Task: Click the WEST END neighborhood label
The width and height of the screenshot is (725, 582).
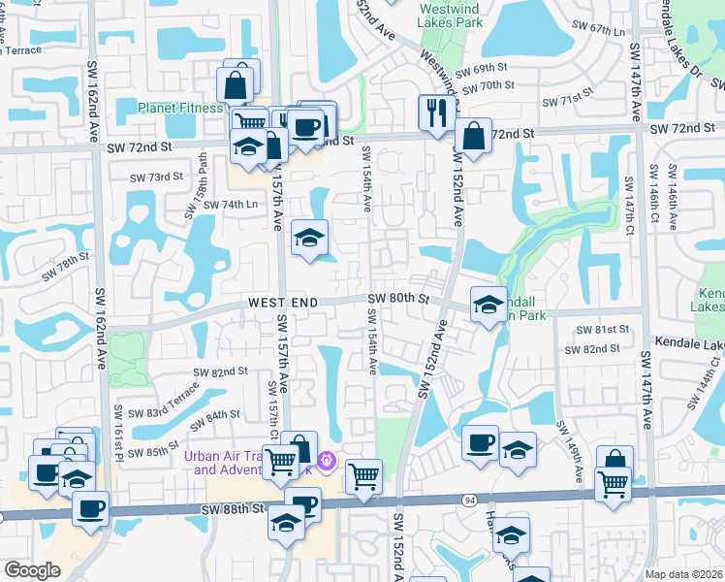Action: pyautogui.click(x=282, y=304)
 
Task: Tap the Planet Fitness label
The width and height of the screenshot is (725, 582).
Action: pyautogui.click(x=180, y=108)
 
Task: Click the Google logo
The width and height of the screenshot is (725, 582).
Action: pyautogui.click(x=32, y=570)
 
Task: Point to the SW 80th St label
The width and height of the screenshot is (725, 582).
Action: pyautogui.click(x=398, y=299)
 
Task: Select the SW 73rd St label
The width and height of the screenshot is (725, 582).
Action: pyautogui.click(x=157, y=177)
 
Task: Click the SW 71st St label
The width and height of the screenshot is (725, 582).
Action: pyautogui.click(x=567, y=101)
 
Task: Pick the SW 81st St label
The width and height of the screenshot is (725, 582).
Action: pyautogui.click(x=597, y=330)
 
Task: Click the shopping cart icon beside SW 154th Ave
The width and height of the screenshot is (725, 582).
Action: pyautogui.click(x=363, y=476)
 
